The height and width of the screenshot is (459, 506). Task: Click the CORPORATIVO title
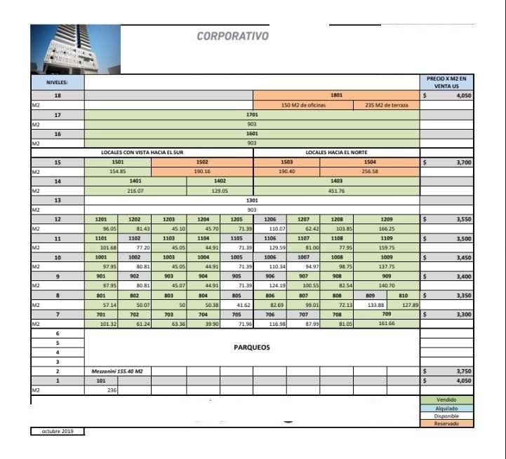point(232,36)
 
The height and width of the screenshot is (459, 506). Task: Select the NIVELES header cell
point(58,82)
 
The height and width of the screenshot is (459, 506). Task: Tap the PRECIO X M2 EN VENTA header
point(446,82)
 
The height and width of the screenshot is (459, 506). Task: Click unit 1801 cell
point(336,94)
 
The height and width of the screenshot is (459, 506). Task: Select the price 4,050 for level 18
point(446,94)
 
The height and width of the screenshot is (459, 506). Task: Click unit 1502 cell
point(202,162)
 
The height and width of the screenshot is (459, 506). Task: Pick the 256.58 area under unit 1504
point(370,171)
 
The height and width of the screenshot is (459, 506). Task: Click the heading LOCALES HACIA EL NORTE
point(336,152)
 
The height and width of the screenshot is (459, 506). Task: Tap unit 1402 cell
point(220,181)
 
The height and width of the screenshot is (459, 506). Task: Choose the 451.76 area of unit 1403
point(336,190)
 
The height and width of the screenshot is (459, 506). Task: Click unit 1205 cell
point(236,219)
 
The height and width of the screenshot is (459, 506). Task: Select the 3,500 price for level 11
point(446,238)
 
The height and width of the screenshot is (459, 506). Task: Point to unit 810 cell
point(404,295)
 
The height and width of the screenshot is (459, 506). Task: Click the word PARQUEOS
point(251,347)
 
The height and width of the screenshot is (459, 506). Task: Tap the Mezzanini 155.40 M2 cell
point(118,371)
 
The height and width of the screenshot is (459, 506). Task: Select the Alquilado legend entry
point(446,408)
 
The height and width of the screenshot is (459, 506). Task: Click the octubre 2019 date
point(58,431)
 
